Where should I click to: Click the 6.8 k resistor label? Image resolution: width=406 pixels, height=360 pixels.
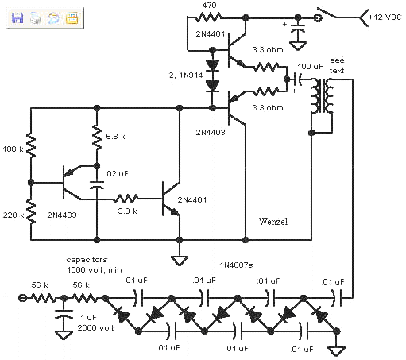(117, 137)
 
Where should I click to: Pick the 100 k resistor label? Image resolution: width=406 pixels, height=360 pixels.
(13, 149)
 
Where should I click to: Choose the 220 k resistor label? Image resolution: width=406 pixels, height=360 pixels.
(13, 215)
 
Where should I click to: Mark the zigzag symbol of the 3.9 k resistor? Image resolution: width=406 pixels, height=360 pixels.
(126, 198)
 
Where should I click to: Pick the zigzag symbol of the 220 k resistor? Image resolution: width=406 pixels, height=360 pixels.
(31, 211)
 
